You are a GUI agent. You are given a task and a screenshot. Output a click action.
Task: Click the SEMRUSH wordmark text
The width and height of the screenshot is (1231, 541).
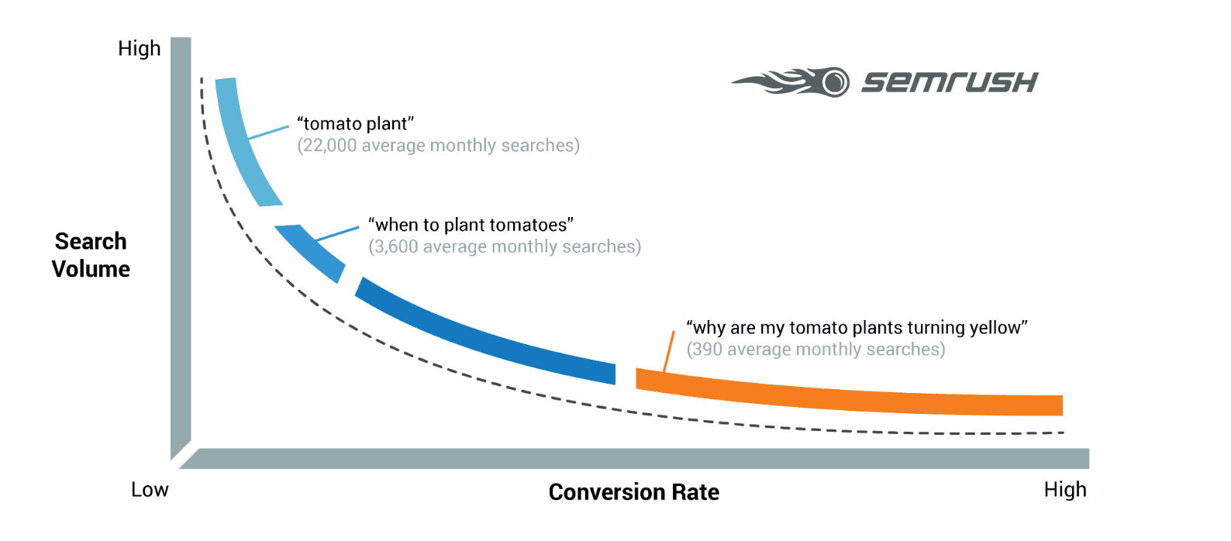tap(950, 82)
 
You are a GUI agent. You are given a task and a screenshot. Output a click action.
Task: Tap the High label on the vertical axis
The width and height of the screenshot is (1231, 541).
tap(140, 48)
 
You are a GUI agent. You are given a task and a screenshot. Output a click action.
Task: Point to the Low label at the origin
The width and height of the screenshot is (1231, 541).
tap(150, 490)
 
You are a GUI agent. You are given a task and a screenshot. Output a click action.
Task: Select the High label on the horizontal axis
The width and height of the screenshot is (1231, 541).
tap(1065, 490)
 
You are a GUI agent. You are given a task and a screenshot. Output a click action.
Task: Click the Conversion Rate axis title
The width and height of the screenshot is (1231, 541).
tap(633, 492)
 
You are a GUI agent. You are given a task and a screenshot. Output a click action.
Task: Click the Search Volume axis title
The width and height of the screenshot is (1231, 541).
tap(91, 255)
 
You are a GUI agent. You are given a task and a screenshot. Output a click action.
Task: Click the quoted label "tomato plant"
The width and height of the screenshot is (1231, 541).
tap(356, 124)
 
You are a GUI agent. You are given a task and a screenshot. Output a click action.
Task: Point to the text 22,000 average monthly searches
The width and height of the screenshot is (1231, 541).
tap(438, 146)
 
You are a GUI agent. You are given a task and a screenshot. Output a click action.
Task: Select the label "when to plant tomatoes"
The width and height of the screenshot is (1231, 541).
tap(471, 225)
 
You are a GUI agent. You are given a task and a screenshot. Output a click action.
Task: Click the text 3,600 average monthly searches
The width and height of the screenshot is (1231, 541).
tap(505, 246)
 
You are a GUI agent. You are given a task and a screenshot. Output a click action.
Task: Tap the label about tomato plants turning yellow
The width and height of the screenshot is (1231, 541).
tap(857, 328)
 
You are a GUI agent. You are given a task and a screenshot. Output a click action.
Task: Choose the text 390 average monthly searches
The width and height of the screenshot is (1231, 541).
tap(815, 350)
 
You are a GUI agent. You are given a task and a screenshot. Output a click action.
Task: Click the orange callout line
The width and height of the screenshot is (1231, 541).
tap(668, 352)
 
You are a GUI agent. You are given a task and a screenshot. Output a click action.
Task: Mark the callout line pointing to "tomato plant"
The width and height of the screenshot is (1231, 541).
tap(268, 132)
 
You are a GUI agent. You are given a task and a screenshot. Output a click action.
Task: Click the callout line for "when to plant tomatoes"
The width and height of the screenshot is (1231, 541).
tap(337, 233)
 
